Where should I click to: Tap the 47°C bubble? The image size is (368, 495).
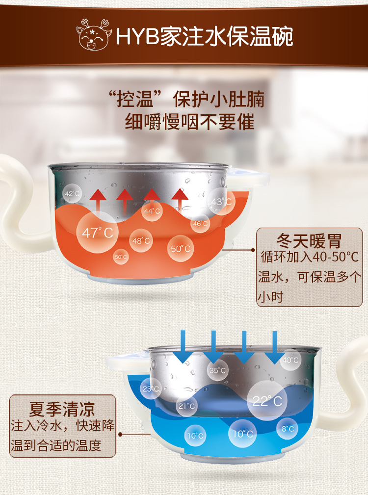[97, 232]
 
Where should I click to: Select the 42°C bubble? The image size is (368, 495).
[72, 194]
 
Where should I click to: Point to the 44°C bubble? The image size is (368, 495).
[152, 211]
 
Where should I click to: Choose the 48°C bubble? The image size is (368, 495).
[141, 241]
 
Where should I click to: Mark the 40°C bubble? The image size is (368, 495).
[290, 360]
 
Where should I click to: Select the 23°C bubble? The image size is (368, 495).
[151, 389]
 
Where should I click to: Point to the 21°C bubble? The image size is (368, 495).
[186, 406]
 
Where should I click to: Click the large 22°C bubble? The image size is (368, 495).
[267, 401]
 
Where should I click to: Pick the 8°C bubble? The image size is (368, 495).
[288, 429]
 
